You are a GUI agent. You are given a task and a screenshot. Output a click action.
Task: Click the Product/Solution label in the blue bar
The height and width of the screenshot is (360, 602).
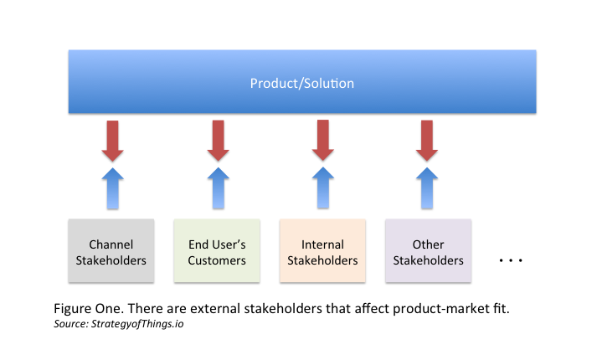coord(302,84)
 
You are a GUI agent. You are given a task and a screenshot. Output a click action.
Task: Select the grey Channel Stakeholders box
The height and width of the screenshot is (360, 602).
coord(112,253)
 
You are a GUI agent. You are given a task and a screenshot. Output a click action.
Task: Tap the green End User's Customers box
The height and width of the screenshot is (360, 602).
coord(216,253)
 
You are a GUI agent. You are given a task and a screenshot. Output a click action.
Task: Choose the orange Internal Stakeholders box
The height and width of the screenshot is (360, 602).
coord(322,253)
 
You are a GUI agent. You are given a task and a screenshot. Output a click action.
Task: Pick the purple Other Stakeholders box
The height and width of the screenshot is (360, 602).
coord(428,253)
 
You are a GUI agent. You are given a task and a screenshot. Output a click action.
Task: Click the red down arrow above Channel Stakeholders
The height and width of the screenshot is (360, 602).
coord(112,140)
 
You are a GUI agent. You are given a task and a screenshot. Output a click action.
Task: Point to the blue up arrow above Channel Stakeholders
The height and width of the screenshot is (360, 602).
coord(112,188)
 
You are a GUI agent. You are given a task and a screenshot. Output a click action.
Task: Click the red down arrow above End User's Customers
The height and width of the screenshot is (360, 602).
coord(218,140)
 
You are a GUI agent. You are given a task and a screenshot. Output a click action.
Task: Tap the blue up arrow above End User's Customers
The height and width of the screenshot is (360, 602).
coord(218,188)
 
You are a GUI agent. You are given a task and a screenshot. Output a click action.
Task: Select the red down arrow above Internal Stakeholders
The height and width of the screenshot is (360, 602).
coord(323,140)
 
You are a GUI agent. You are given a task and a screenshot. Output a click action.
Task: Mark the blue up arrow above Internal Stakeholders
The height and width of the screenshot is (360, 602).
coord(323,188)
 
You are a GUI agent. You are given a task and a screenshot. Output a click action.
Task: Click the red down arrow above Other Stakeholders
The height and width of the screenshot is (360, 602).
coord(427,140)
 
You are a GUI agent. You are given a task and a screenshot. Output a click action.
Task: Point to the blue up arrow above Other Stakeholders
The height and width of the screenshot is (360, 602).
coord(427,188)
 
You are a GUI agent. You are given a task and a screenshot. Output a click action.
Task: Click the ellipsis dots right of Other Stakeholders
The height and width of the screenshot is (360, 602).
coord(510,261)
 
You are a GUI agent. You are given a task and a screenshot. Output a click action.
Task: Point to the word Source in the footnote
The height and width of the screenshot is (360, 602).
coord(69,323)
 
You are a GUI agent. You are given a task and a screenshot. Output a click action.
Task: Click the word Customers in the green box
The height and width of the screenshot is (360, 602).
coord(216,260)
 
